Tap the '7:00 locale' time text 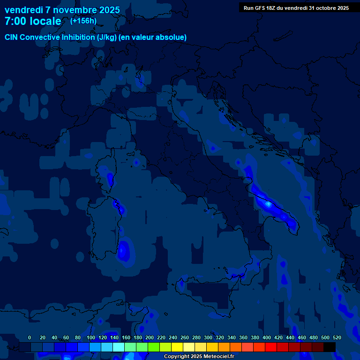pyautogui.click(x=33, y=21)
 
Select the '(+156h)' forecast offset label pyautogui.click(x=83, y=21)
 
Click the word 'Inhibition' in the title pyautogui.click(x=76, y=37)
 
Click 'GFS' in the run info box pyautogui.click(x=260, y=7)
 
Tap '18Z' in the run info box pyautogui.click(x=272, y=7)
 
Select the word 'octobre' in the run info pyautogui.click(x=325, y=7)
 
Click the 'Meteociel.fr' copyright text pyautogui.click(x=216, y=357)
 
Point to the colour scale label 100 pyautogui.click(x=91, y=337)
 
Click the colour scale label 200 pyautogui.click(x=150, y=337)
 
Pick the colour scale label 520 pyautogui.click(x=337, y=337)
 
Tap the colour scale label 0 pyautogui.click(x=30, y=337)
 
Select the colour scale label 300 pyautogui.click(x=208, y=337)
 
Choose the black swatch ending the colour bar pyautogui.click(x=330, y=347)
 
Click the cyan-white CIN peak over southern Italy pyautogui.click(x=268, y=204)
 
